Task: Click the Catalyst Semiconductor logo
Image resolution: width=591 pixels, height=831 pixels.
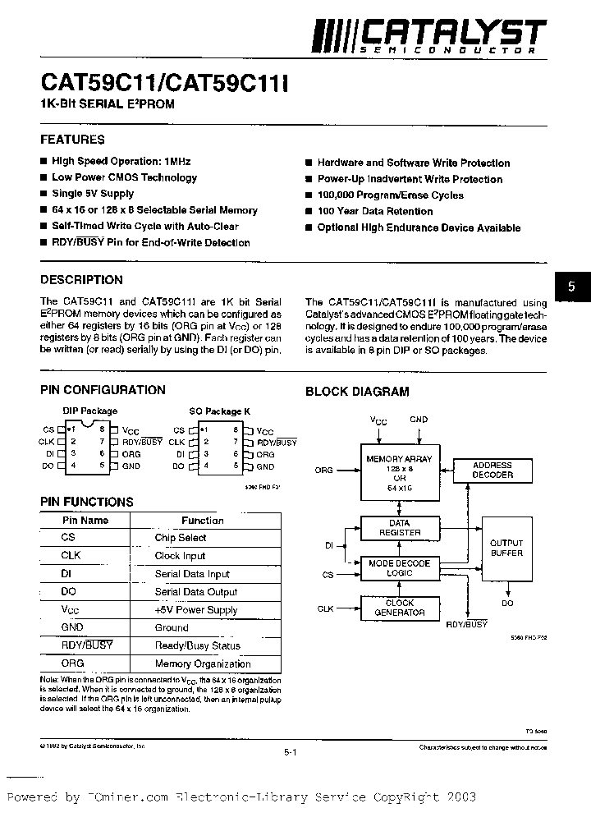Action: [x=430, y=34]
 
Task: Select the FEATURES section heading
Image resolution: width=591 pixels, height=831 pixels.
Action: [x=72, y=140]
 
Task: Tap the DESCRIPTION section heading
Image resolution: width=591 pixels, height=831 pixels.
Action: [x=81, y=279]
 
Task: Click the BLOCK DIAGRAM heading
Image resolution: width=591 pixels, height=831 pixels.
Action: [x=357, y=392]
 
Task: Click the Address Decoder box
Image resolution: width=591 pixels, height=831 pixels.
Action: [x=492, y=471]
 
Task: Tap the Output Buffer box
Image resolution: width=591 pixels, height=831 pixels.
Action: [x=506, y=549]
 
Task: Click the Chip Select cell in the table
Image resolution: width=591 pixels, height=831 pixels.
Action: [x=181, y=538]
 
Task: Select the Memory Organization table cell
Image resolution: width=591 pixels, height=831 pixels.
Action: [x=203, y=663]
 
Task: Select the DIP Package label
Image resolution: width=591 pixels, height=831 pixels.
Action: [x=90, y=411]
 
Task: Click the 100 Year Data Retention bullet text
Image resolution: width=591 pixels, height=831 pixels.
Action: [x=375, y=211]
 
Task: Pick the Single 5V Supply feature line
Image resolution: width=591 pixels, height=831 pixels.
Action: [x=93, y=194]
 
